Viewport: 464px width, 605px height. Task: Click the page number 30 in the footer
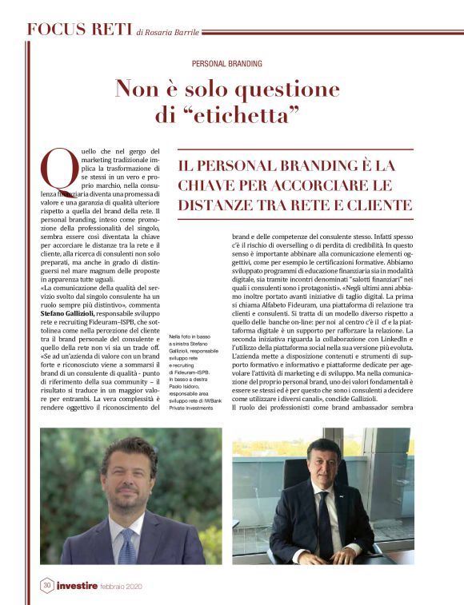tap(46, 586)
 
